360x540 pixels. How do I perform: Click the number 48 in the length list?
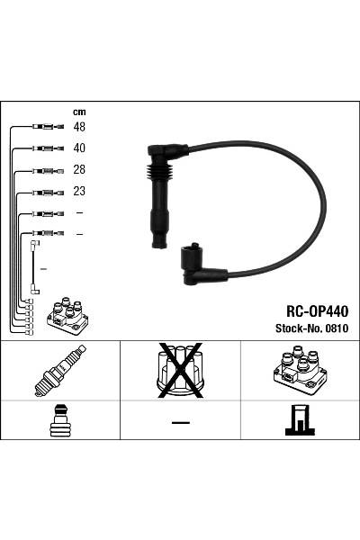[79, 126]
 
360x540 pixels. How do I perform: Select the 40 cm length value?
[79, 148]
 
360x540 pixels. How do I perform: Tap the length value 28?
[79, 170]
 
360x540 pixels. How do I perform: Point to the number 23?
[79, 192]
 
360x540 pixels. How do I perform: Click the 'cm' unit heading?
[78, 112]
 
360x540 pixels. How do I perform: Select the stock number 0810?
[336, 328]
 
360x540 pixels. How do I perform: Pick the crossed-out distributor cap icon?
[180, 370]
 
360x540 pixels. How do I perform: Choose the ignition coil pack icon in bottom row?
[299, 371]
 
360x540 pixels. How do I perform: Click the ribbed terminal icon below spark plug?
[59, 420]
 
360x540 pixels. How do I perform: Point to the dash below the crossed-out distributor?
[180, 422]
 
